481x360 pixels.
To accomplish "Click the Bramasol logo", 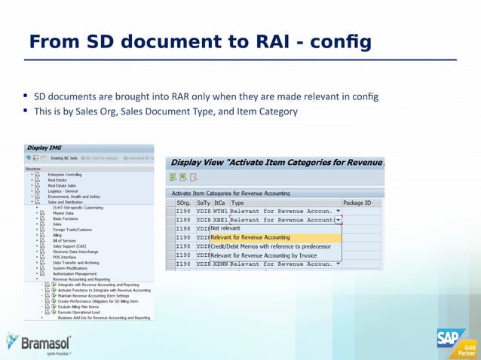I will (38, 343).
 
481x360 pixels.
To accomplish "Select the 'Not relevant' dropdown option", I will (225, 228).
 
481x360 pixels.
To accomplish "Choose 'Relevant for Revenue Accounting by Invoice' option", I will (263, 255).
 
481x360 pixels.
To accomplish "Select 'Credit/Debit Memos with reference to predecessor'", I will (271, 246).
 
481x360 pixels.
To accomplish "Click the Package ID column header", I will (357, 203).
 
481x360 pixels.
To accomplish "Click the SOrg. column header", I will (183, 203).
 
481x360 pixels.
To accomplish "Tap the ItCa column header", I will (219, 203).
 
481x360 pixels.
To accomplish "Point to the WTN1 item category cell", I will (220, 211).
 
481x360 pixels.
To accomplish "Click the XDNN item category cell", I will (220, 264).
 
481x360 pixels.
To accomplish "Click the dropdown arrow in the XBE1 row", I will (338, 220).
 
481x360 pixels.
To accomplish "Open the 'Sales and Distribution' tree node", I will (65, 202).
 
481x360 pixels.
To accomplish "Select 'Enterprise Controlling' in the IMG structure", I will (65, 175).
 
